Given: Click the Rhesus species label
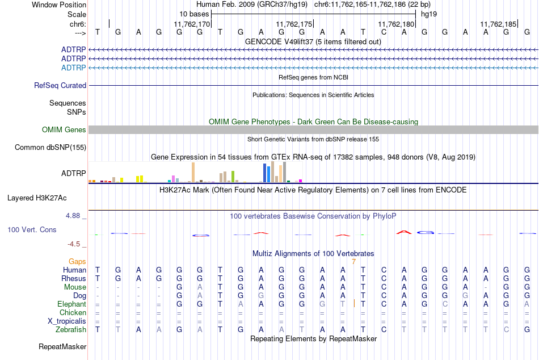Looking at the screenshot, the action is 74,278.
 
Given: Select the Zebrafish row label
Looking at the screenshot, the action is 71,330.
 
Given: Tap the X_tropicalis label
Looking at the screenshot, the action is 67,321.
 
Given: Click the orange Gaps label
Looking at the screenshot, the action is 77,262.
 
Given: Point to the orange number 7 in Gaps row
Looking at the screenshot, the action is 353,262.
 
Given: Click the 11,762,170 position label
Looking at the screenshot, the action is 191,24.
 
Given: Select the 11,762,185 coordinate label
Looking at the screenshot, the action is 498,24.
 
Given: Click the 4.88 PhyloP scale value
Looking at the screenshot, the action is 73,216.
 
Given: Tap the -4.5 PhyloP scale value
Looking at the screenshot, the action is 74,244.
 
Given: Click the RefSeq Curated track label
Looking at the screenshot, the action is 60,85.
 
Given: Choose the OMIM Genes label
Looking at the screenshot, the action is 64,130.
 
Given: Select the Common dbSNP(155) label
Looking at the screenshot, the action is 50,147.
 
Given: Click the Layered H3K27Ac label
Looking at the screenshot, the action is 37,198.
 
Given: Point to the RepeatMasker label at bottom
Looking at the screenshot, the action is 62,346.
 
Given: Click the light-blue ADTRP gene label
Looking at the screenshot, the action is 74,68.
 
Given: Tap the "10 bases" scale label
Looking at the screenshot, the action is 194,14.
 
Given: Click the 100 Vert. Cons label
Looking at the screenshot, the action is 32,229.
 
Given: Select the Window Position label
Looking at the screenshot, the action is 59,5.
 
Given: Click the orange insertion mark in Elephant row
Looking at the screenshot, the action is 354,304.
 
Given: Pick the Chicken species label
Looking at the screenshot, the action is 73,312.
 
